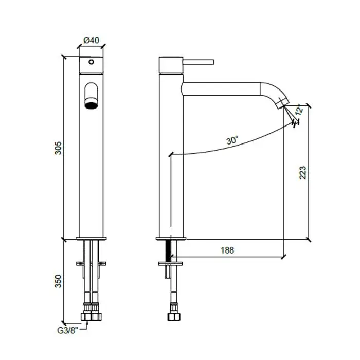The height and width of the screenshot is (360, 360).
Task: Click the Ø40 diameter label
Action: click(91, 40)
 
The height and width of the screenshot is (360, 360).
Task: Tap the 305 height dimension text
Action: click(58, 148)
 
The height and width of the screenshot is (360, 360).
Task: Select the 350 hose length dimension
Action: click(58, 281)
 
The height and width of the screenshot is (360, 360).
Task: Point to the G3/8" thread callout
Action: click(67, 330)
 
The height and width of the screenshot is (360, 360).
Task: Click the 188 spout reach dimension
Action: click(227, 250)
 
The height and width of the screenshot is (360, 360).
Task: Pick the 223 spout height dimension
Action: click(303, 173)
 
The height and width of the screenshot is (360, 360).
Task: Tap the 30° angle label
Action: click(232, 140)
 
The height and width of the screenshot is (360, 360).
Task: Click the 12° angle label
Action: click(299, 110)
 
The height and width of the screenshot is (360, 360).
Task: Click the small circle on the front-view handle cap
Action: click(91, 62)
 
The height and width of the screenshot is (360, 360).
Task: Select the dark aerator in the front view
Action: click(91, 105)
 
